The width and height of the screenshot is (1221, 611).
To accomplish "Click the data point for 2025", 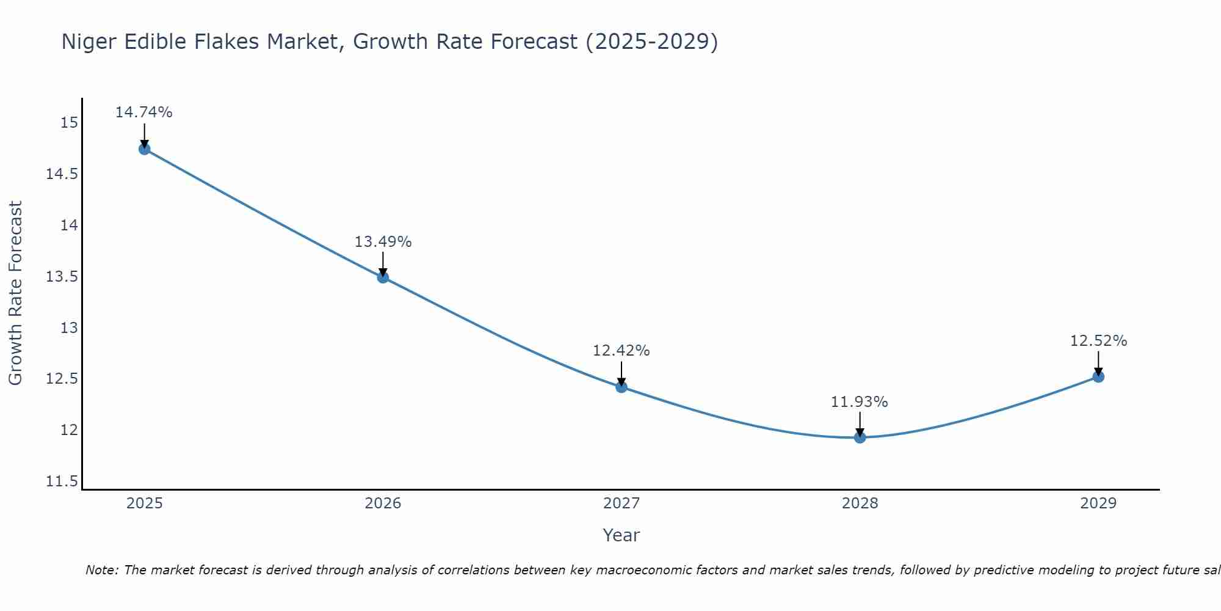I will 145,149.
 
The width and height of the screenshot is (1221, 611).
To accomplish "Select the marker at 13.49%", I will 383,277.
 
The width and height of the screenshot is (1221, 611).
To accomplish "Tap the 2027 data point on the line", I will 621,387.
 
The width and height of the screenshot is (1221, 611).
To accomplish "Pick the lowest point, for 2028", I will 860,437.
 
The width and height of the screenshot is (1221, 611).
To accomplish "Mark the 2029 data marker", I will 1098,377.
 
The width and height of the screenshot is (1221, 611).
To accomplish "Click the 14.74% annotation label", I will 144,112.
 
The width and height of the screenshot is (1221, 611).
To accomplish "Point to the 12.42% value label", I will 621,351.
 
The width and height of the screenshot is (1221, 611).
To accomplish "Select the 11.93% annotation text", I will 860,402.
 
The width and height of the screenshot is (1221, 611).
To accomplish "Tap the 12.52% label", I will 1098,341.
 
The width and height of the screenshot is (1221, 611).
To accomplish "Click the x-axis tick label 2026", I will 383,503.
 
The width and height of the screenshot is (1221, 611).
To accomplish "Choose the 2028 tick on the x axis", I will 860,503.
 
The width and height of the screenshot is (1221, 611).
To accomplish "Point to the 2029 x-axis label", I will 1098,503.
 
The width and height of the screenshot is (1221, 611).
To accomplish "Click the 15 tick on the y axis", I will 69,123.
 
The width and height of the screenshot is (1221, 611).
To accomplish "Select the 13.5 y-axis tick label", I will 62,277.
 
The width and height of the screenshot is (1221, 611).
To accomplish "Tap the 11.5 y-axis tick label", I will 62,481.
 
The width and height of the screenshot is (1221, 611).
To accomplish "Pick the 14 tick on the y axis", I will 69,225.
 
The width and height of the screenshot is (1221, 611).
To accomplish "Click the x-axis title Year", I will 621,535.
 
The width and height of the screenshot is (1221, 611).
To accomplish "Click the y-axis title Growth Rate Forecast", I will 15,293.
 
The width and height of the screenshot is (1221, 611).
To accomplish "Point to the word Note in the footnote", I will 102,570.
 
